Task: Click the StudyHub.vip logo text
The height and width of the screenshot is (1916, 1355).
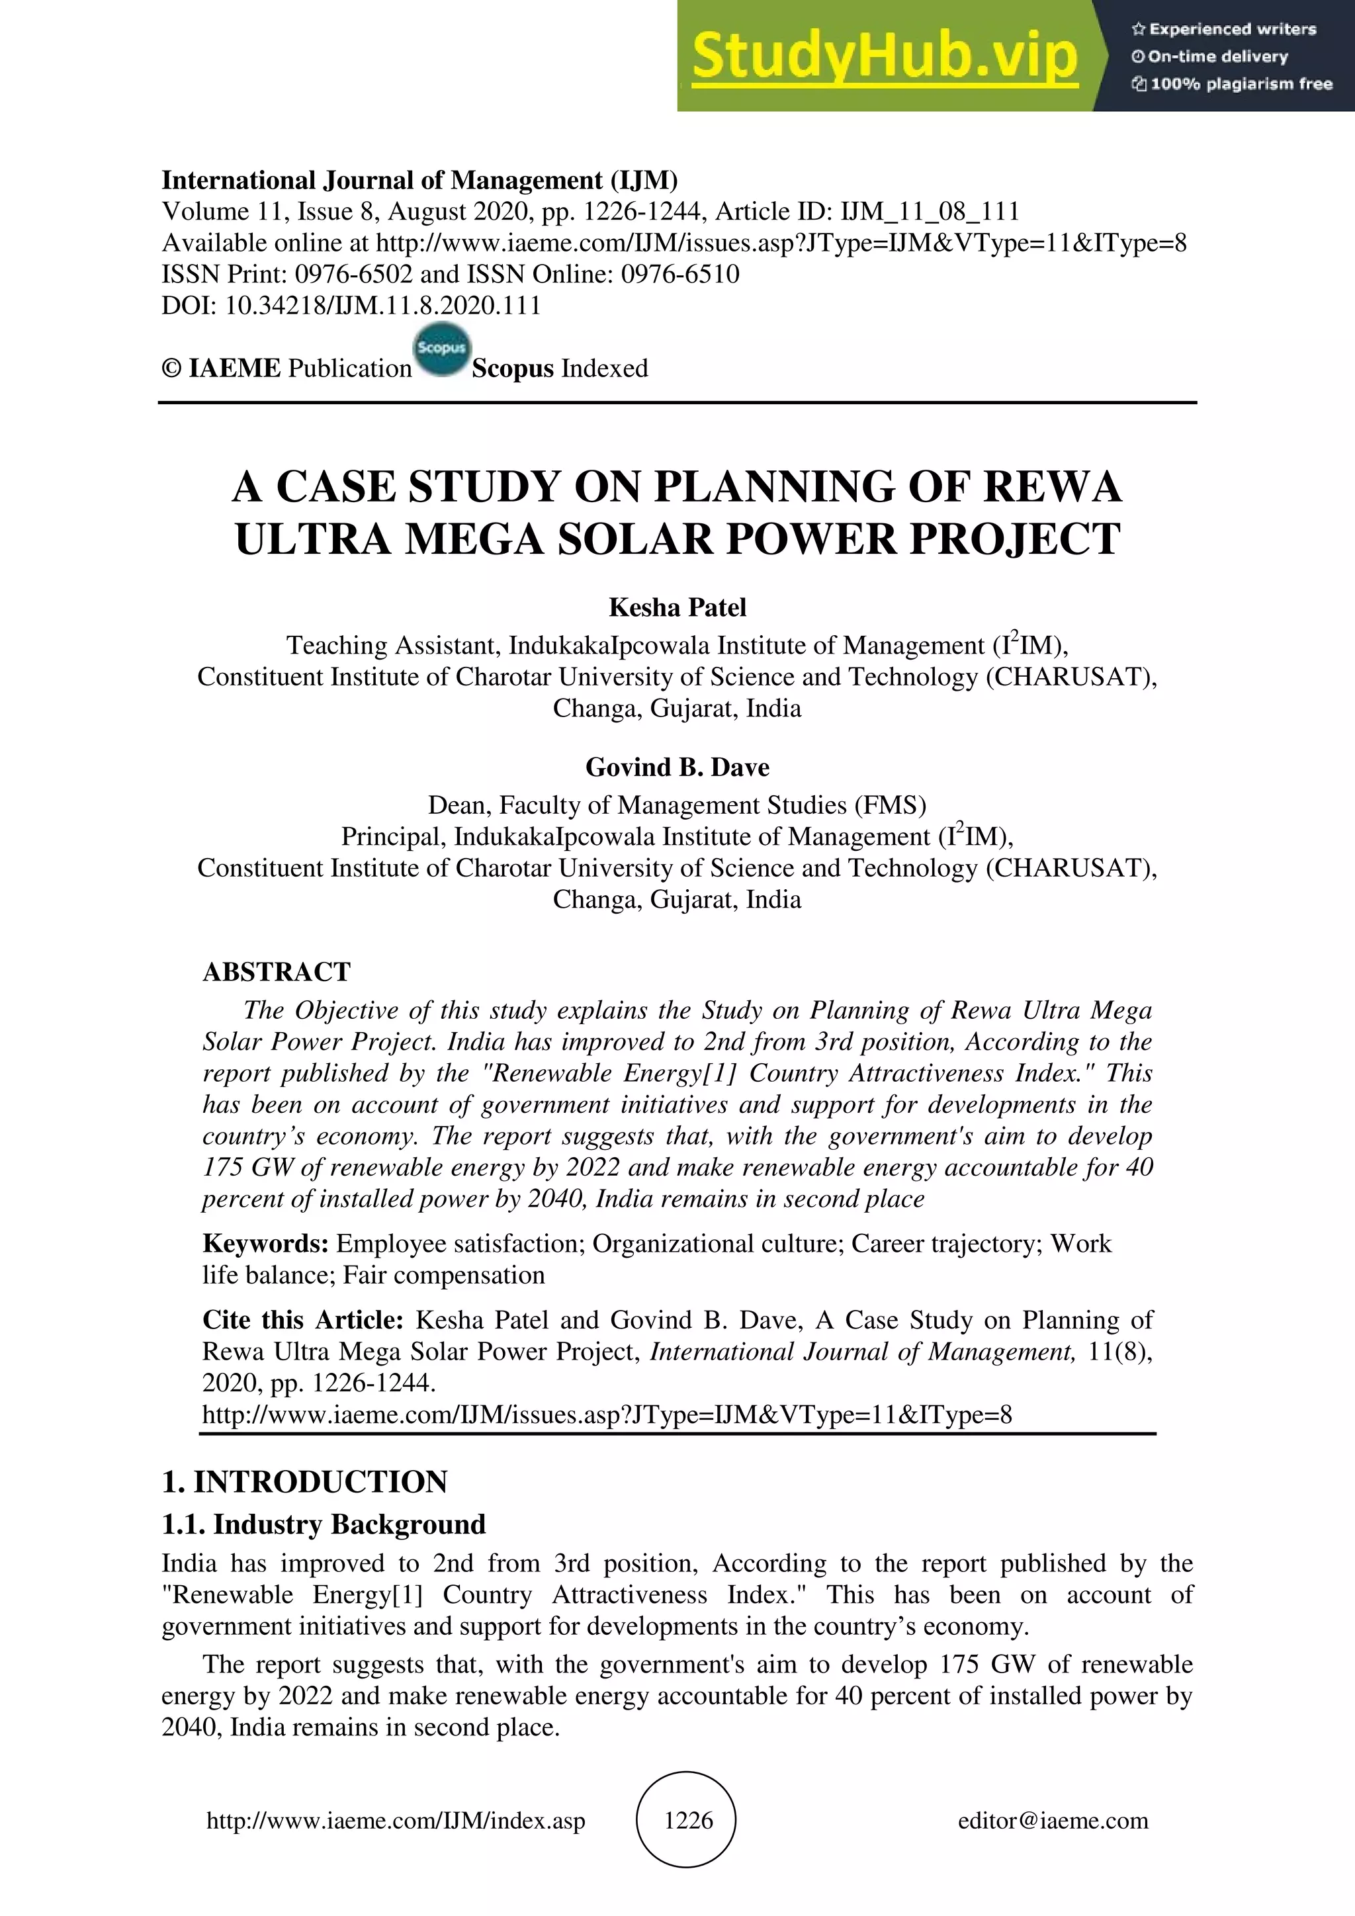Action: (x=885, y=56)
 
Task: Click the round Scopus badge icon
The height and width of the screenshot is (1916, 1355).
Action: (x=441, y=349)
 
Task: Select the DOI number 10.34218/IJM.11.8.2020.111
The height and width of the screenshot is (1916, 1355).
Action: (x=383, y=306)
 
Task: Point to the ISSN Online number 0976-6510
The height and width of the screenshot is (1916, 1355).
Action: (x=680, y=274)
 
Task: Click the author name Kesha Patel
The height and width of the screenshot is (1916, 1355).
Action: (x=677, y=607)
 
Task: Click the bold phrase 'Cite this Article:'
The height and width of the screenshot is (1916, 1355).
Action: (x=303, y=1319)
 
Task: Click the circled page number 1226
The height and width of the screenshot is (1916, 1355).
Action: (x=687, y=1819)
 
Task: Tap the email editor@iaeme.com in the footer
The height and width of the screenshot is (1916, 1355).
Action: (x=1052, y=1820)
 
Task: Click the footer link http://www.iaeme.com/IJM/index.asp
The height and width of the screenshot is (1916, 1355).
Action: (x=396, y=1820)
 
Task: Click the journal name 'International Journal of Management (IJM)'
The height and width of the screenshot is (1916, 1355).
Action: (x=419, y=180)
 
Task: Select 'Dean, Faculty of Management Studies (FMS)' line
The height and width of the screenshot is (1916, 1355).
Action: (x=677, y=805)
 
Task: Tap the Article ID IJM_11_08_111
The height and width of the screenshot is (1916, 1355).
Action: (x=930, y=211)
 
